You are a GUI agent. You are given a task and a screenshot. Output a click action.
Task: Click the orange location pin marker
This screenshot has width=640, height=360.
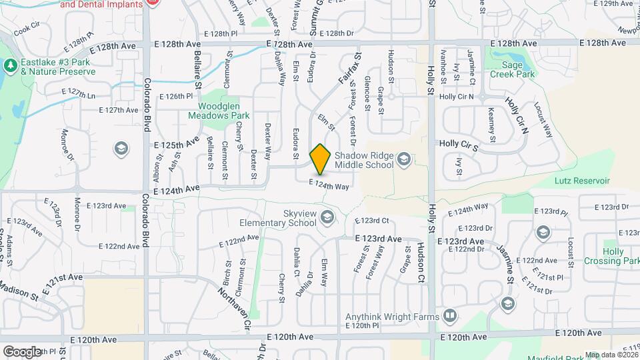[321, 159]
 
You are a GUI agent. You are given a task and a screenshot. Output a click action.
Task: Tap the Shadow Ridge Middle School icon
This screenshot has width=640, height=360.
[403, 159]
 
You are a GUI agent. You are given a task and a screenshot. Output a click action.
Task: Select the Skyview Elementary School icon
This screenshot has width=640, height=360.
[327, 217]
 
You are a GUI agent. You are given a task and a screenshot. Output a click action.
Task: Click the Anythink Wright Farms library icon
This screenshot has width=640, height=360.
[450, 316]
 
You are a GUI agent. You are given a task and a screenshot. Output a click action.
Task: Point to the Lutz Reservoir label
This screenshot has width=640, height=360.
[582, 181]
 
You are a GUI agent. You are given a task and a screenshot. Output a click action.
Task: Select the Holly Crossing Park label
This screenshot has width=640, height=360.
[612, 256]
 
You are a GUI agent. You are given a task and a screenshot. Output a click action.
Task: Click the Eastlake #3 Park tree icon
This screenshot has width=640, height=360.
[9, 65]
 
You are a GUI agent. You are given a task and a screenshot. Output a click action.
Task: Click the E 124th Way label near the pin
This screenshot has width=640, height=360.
[329, 184]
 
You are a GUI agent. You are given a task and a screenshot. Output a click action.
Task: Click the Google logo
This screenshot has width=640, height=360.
[21, 351]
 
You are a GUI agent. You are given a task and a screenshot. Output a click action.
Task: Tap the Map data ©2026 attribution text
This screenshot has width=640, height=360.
[611, 355]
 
